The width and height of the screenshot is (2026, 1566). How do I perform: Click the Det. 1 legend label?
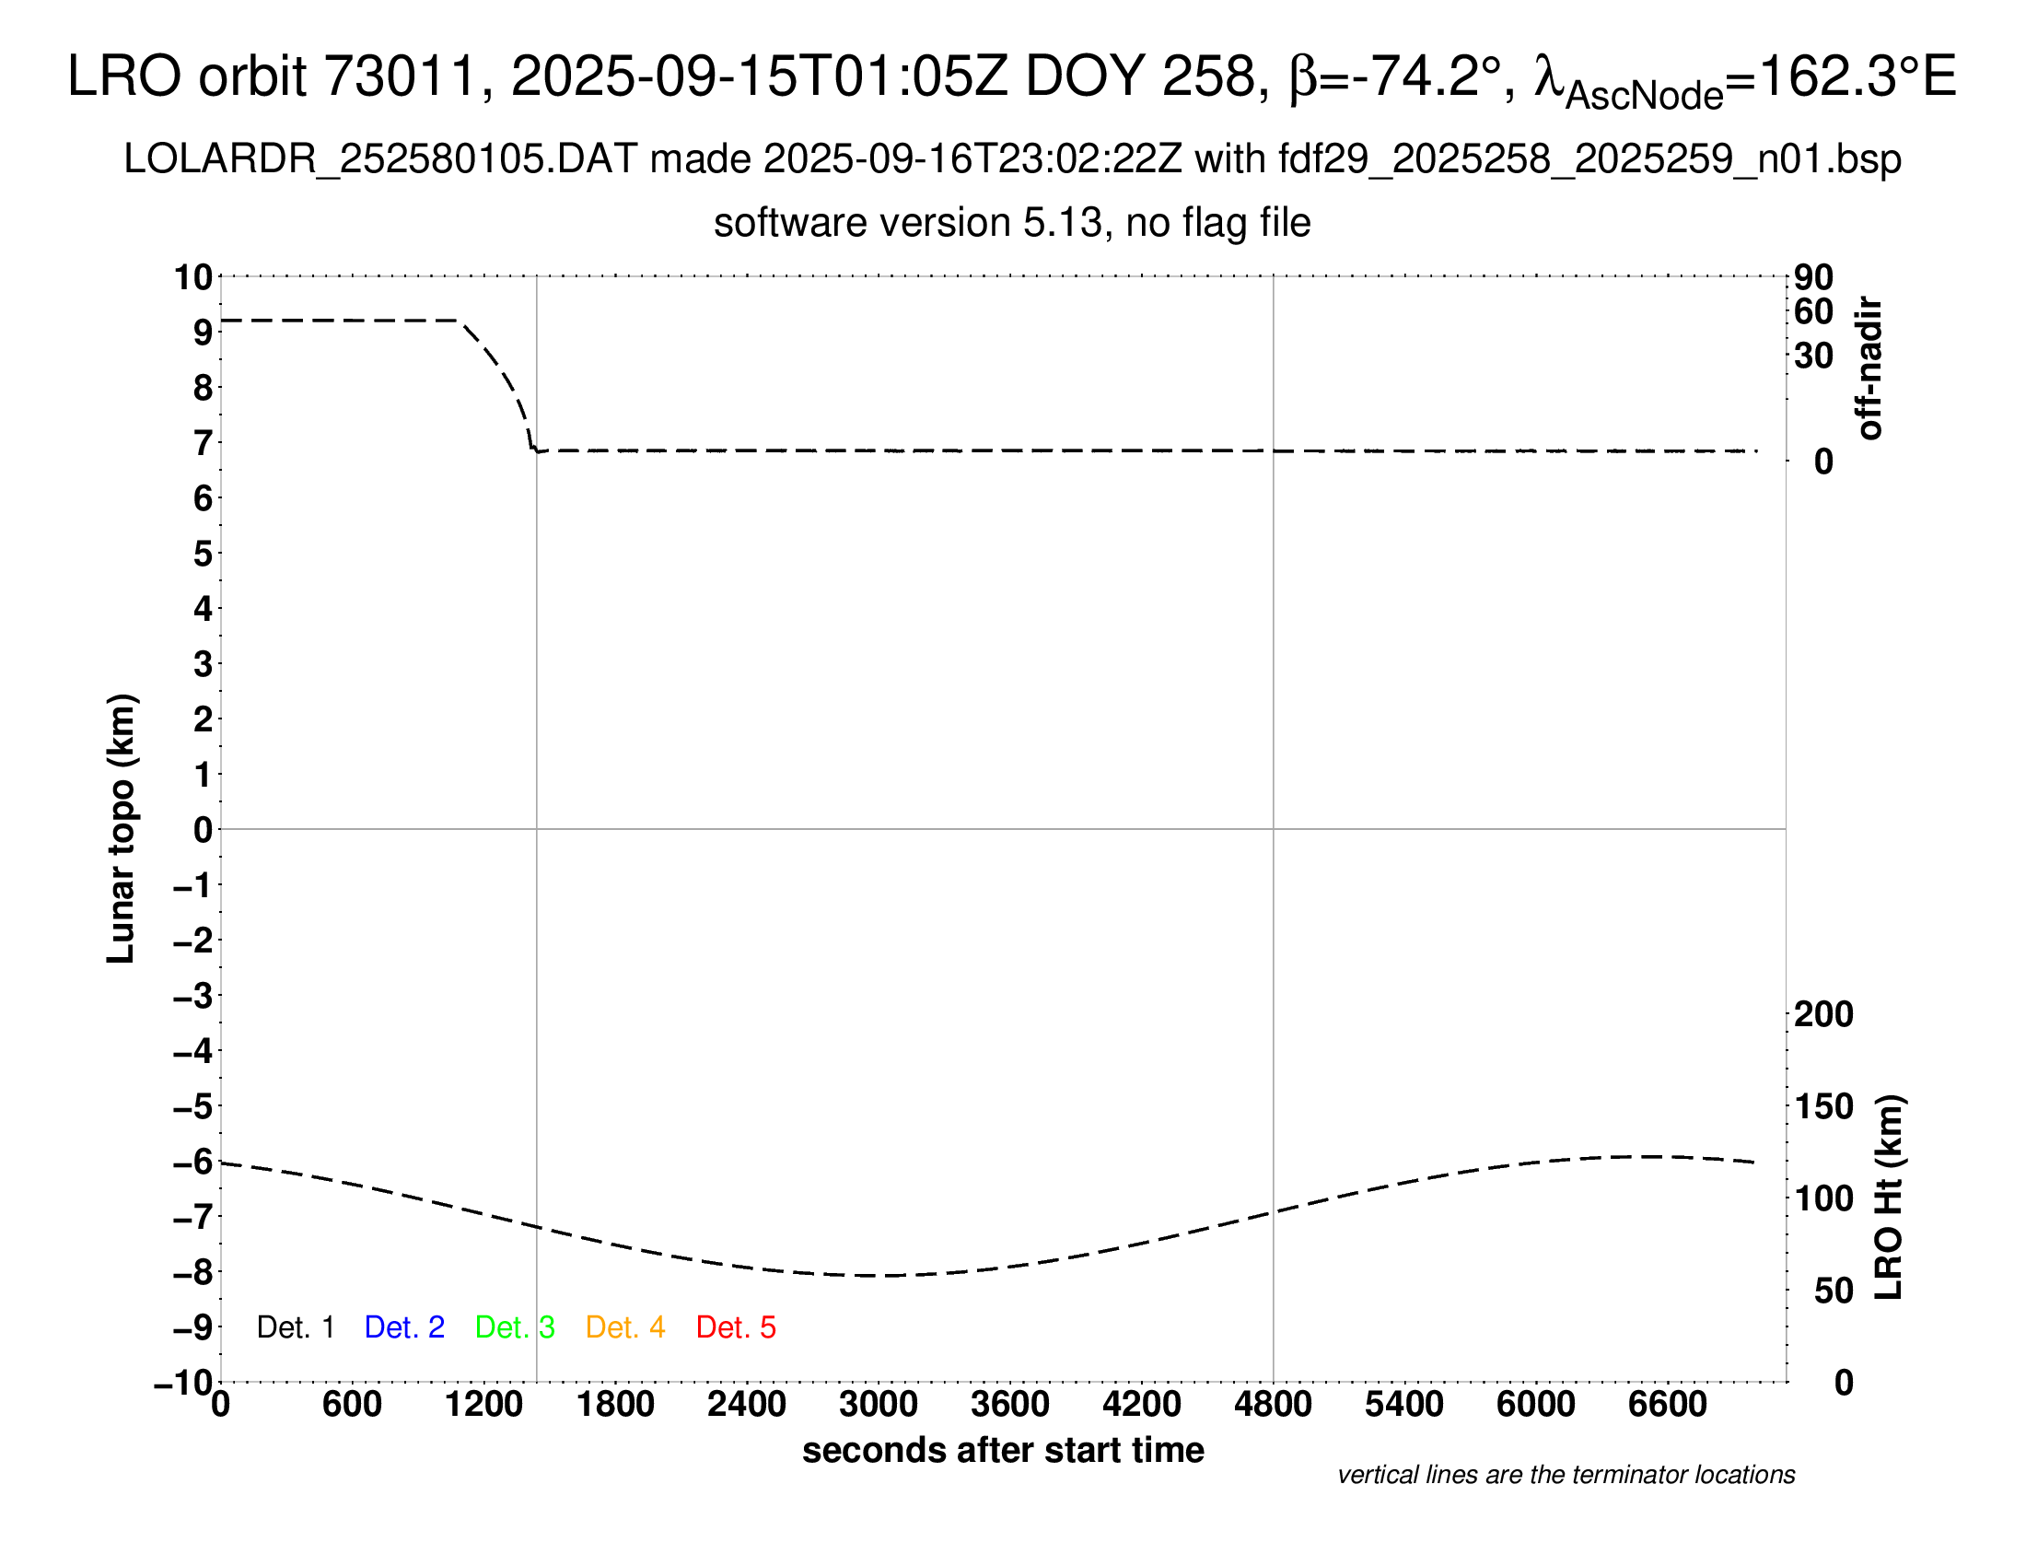coord(295,1327)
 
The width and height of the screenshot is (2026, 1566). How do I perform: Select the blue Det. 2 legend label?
coord(404,1327)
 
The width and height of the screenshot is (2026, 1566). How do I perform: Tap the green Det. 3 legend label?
coord(515,1327)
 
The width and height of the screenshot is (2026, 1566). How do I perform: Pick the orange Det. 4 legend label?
coord(625,1327)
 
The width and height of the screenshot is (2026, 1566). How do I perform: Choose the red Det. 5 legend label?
coord(736,1327)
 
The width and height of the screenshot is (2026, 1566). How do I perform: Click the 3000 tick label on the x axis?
coord(878,1404)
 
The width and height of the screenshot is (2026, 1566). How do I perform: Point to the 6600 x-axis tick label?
coord(1667,1404)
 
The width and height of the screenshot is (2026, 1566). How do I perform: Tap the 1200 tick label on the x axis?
coord(483,1404)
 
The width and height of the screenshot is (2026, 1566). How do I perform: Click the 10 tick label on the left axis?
coord(194,276)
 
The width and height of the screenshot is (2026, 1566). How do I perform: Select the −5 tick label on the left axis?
coord(193,1105)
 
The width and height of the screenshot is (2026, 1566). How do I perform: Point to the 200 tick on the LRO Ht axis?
coord(1822,1014)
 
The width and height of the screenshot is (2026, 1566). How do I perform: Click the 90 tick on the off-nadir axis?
coord(1813,276)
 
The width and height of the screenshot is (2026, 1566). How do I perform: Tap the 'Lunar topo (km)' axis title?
coord(122,828)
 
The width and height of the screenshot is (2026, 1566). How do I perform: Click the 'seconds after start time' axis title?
coord(1003,1450)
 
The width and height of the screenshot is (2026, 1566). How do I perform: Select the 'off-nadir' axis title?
coord(1869,368)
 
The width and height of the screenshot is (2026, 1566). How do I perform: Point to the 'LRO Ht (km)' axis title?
coord(1889,1198)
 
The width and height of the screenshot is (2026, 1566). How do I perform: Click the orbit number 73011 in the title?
coord(399,76)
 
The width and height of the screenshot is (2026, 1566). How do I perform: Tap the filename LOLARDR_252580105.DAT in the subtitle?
coord(380,159)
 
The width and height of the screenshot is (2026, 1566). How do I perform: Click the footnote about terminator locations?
coord(1566,1475)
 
